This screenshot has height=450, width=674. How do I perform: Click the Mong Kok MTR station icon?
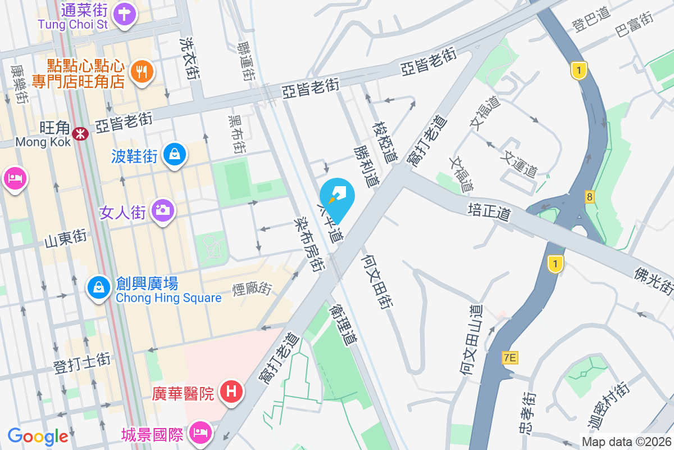81,133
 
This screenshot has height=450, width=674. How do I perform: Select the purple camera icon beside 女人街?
163,210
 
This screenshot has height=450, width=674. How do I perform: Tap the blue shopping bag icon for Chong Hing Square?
99,287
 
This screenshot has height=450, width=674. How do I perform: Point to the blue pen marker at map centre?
338,195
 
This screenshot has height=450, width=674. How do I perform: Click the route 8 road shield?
589,196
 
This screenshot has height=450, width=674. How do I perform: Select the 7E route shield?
510,357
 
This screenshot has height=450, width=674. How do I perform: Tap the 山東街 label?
66,239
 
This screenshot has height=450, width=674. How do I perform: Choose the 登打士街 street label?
81,363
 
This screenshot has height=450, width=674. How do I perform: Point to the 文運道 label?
521,163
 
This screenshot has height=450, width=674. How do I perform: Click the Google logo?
38,436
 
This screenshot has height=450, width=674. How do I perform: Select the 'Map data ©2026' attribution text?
626,442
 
